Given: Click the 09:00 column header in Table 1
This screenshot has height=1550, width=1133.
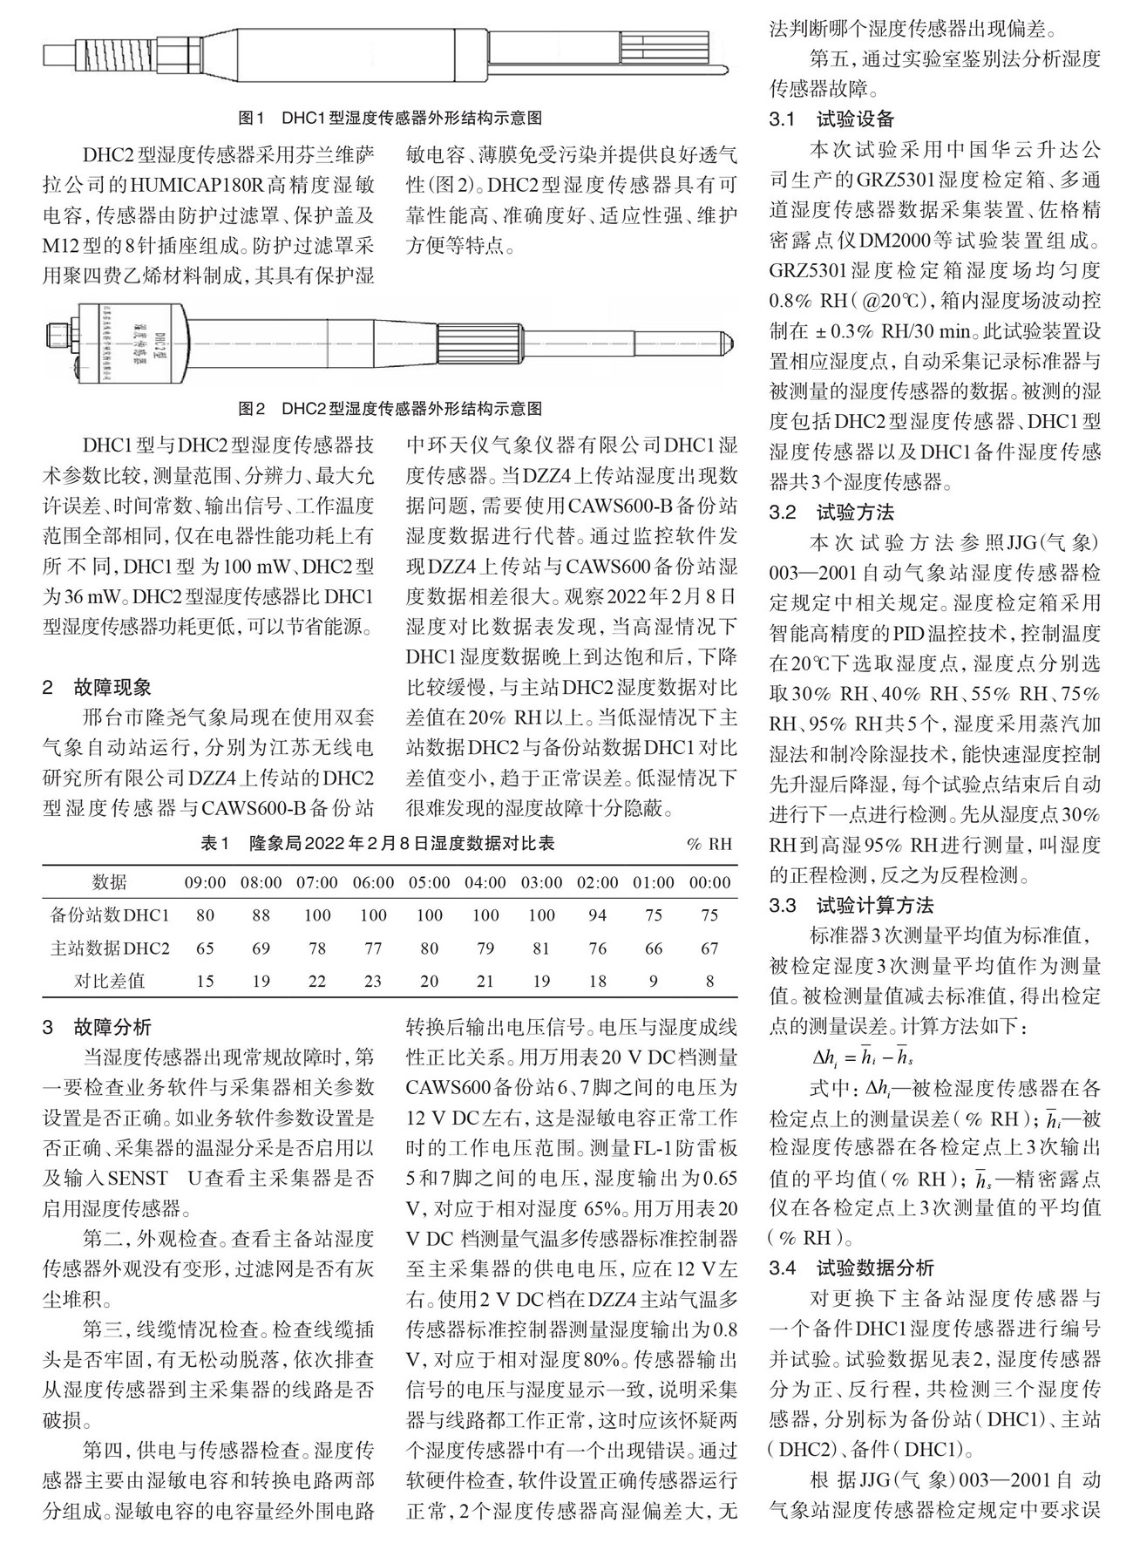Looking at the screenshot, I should (205, 882).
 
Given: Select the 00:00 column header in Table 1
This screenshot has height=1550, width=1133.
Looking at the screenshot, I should (709, 882).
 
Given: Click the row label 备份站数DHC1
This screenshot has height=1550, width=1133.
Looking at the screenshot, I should (109, 915).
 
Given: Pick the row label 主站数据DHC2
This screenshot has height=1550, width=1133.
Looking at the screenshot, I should (109, 948).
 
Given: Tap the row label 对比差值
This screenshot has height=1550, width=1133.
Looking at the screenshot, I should (109, 981).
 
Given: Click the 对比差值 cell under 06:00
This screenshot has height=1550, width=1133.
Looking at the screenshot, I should (373, 981).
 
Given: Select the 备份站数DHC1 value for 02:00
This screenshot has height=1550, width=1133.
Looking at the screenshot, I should (597, 915).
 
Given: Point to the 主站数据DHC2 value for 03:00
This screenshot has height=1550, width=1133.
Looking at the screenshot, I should (541, 948).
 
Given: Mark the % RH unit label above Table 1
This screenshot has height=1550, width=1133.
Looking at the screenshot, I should (709, 845).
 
